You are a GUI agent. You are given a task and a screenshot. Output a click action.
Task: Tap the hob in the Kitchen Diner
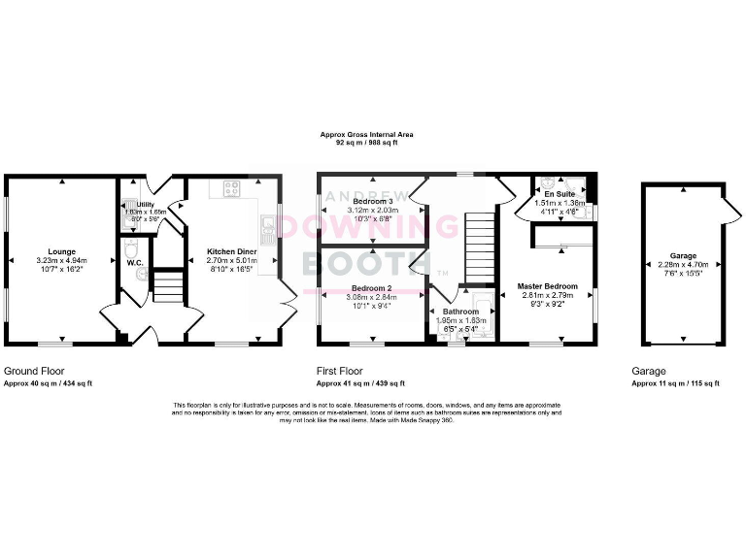click(x=232, y=189)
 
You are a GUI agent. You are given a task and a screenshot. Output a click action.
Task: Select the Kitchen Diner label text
click(x=230, y=250)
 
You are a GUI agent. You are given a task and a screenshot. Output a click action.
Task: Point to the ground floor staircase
click(x=168, y=285)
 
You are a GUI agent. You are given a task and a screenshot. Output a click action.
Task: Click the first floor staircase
click(x=480, y=247)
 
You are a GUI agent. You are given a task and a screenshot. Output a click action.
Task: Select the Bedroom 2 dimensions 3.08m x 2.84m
click(x=371, y=298)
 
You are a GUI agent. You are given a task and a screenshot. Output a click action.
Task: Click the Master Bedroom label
click(x=547, y=286)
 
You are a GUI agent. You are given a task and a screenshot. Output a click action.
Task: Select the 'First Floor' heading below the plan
click(x=339, y=372)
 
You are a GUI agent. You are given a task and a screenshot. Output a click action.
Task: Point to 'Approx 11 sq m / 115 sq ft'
click(x=676, y=384)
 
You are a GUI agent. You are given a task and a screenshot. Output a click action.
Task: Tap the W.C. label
click(x=134, y=261)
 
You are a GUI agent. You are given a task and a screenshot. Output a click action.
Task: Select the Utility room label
click(x=146, y=204)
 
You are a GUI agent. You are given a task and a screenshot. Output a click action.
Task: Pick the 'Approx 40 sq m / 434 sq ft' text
click(x=49, y=384)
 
